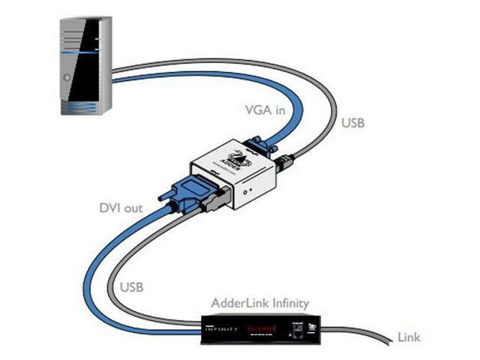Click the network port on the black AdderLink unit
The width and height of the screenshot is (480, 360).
[x=305, y=328]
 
